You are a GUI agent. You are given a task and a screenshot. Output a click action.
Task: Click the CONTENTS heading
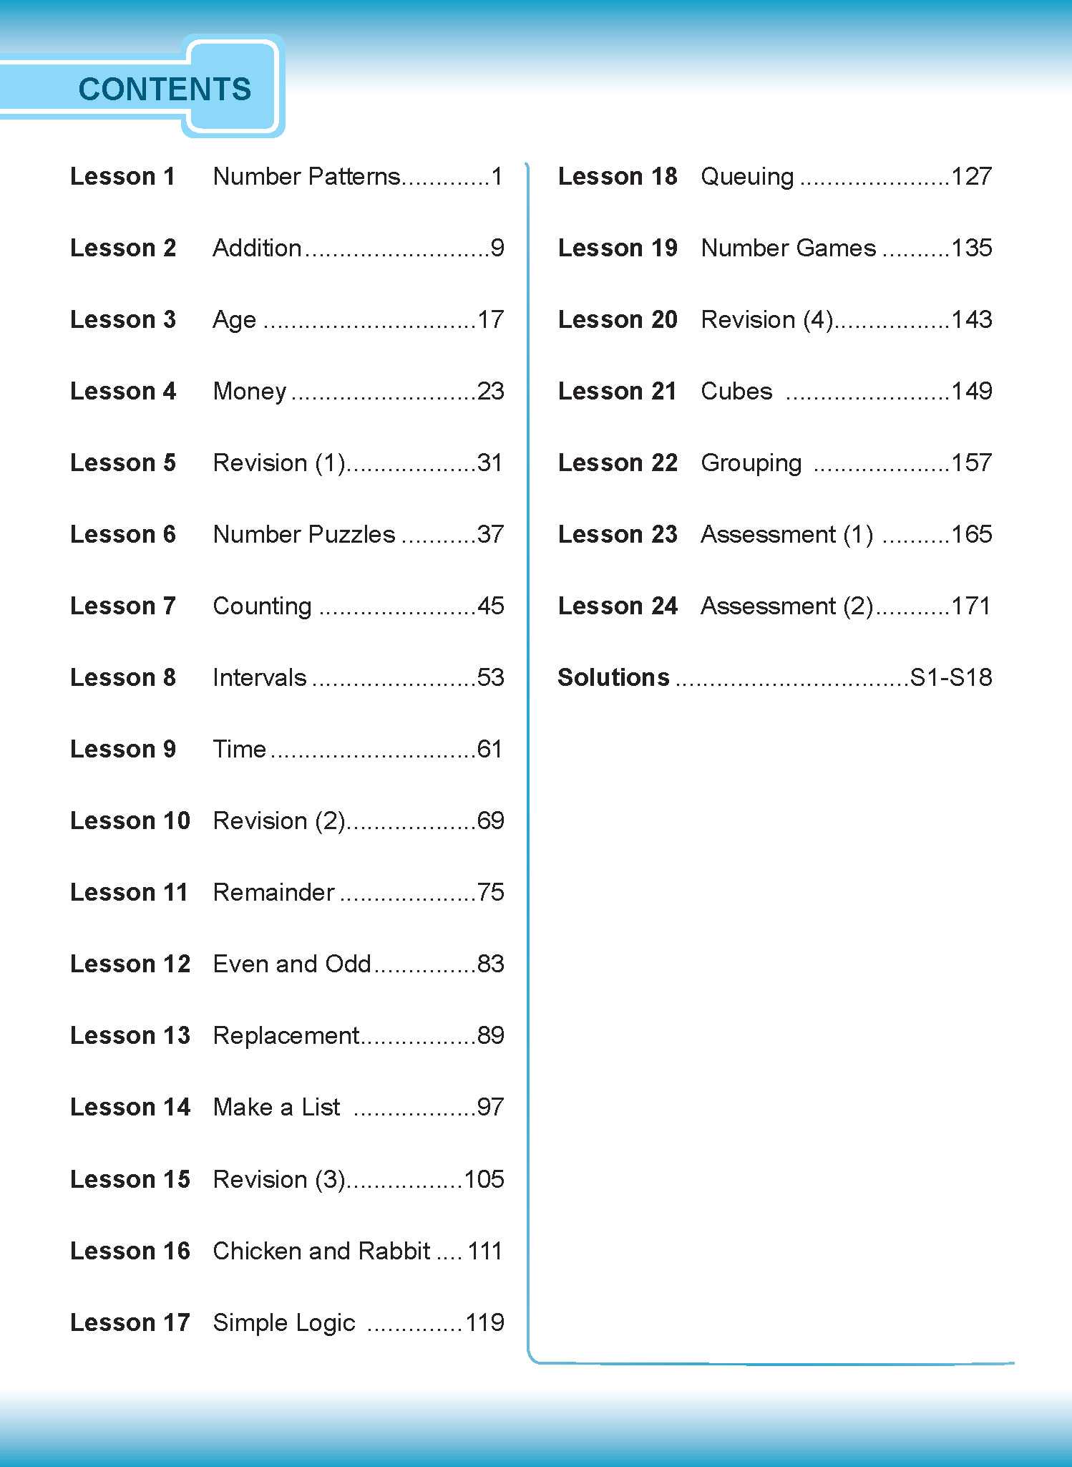(165, 89)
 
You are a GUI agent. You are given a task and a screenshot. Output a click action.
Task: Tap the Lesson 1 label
(122, 176)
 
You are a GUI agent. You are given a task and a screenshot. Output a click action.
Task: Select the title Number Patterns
(307, 176)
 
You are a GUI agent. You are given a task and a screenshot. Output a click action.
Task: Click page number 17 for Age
(490, 319)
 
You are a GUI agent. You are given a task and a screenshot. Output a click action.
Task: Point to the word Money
(250, 391)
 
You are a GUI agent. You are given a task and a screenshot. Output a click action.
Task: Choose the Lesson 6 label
(122, 534)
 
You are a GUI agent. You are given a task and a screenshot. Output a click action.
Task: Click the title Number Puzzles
(304, 534)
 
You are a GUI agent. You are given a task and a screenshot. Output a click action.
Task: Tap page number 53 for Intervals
(490, 677)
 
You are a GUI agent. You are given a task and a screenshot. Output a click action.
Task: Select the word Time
(240, 749)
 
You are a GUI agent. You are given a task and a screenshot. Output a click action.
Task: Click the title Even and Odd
(292, 964)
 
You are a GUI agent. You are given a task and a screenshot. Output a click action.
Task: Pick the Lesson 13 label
(130, 1035)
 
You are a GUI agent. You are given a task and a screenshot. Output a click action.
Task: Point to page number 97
(490, 1107)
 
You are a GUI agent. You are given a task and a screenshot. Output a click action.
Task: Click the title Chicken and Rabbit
(321, 1251)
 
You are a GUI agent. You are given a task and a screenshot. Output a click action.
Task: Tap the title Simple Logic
(284, 1322)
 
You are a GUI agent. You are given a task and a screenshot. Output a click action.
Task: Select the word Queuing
(747, 176)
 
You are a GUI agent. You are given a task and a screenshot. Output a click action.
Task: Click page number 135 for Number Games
(971, 248)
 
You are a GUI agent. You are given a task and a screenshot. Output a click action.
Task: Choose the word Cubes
(736, 391)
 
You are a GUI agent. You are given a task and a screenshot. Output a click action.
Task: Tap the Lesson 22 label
(618, 463)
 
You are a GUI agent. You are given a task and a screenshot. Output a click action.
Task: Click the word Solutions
(613, 677)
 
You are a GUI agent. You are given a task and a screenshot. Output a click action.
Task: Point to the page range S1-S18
(951, 677)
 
